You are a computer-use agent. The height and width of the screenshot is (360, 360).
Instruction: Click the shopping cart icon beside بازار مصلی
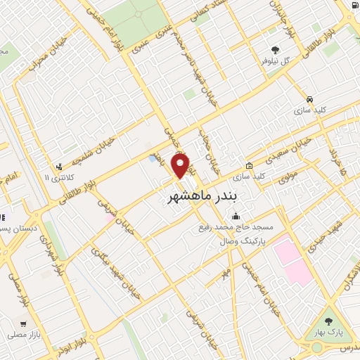tap(24, 324)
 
